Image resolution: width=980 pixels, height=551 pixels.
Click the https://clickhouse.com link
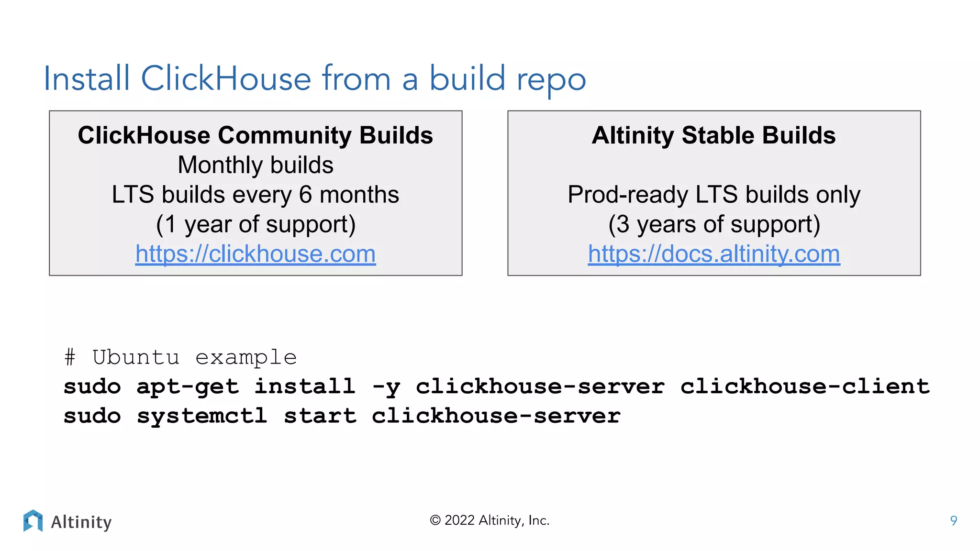(256, 254)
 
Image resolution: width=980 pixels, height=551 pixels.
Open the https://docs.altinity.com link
(714, 254)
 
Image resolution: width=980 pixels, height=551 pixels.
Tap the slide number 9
(953, 520)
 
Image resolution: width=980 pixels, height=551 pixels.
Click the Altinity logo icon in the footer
(33, 521)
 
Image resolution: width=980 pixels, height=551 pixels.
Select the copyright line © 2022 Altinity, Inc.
(490, 520)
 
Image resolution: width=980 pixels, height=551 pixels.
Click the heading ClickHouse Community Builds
(256, 135)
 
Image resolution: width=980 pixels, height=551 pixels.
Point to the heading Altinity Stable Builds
(713, 135)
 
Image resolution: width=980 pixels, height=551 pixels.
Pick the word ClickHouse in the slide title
(226, 78)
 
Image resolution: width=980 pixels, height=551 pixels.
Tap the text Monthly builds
(256, 165)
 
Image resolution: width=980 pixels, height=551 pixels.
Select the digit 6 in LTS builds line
(306, 195)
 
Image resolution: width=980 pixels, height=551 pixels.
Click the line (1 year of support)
(256, 224)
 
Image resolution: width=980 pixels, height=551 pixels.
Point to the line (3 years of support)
(714, 224)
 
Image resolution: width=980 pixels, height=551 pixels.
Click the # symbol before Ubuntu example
(70, 357)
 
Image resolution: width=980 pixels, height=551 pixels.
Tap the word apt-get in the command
(188, 387)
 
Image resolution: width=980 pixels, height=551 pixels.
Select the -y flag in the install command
(386, 387)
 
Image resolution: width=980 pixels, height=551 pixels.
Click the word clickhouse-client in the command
(805, 386)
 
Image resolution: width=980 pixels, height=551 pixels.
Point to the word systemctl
(202, 416)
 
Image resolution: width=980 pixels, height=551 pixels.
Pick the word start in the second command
(320, 416)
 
